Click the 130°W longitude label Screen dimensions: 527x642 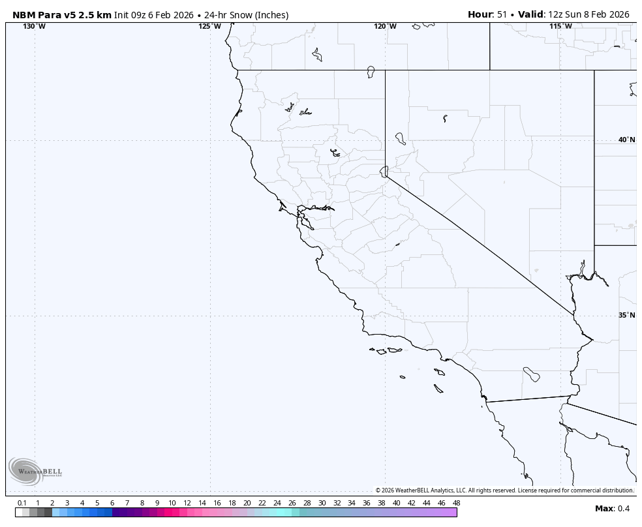34,26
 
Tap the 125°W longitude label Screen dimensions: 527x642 209,26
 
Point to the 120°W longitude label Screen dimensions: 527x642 385,26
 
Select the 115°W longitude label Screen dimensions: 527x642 560,26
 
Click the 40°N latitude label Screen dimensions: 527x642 626,140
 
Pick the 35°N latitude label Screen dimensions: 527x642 626,315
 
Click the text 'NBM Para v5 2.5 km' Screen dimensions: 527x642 62,14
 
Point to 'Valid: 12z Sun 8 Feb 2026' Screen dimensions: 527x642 573,14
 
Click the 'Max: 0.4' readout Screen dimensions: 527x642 612,509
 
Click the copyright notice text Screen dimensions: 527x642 504,490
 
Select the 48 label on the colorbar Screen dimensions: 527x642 456,503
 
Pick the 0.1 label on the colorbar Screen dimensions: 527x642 22,503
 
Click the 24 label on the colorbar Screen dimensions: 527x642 277,503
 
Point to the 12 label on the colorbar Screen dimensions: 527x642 187,503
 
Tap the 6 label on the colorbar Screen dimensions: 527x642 112,503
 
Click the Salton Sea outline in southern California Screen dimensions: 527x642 531,374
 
